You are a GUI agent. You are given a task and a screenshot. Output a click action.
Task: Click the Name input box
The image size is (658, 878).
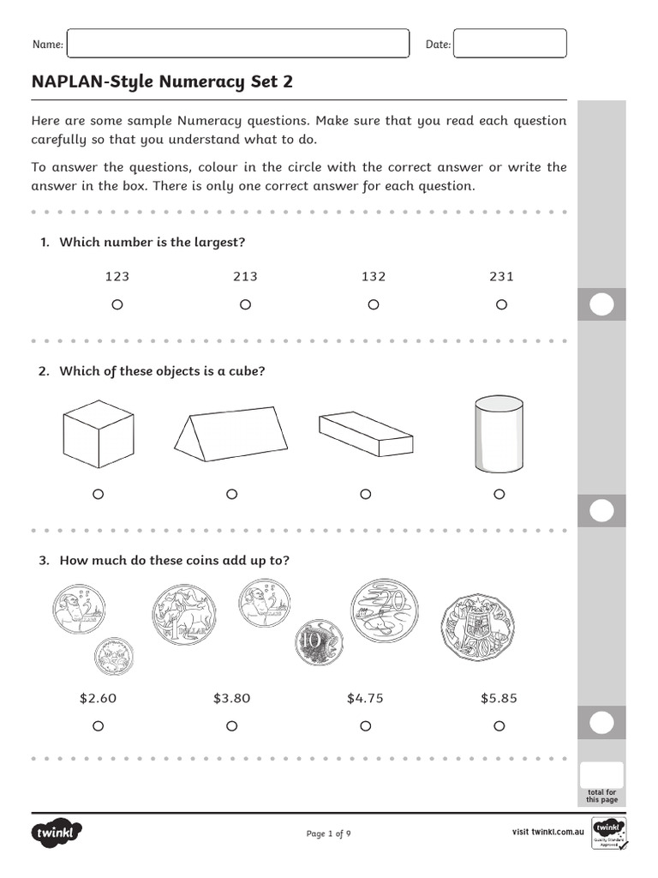click(x=237, y=44)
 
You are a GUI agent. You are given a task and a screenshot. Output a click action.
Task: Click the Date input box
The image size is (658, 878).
click(x=510, y=44)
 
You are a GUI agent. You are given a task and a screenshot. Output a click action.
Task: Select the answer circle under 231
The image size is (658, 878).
click(x=502, y=304)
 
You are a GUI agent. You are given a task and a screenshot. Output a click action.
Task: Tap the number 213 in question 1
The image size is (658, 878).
click(x=245, y=276)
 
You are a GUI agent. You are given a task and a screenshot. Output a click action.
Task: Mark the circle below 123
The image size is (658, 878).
click(x=117, y=304)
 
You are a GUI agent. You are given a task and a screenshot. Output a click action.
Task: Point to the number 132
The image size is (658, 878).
click(x=374, y=276)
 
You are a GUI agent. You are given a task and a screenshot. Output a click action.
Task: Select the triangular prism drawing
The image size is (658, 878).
click(x=229, y=436)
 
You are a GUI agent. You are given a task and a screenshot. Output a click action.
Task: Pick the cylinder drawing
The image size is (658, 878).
click(x=499, y=434)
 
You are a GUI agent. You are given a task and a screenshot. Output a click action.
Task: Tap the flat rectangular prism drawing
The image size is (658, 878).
click(x=365, y=434)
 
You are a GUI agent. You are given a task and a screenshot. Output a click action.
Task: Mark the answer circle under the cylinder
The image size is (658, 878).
click(x=499, y=494)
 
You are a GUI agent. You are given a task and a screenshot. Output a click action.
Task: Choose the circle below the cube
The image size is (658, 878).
click(x=98, y=494)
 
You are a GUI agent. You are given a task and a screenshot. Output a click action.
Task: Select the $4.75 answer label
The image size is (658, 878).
click(x=365, y=698)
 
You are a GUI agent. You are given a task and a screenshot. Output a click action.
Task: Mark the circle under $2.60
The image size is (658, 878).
click(x=98, y=726)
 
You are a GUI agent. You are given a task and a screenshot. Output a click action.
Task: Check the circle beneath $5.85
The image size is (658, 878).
click(x=499, y=726)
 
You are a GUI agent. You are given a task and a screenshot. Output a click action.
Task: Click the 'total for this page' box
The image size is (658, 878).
click(x=601, y=775)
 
